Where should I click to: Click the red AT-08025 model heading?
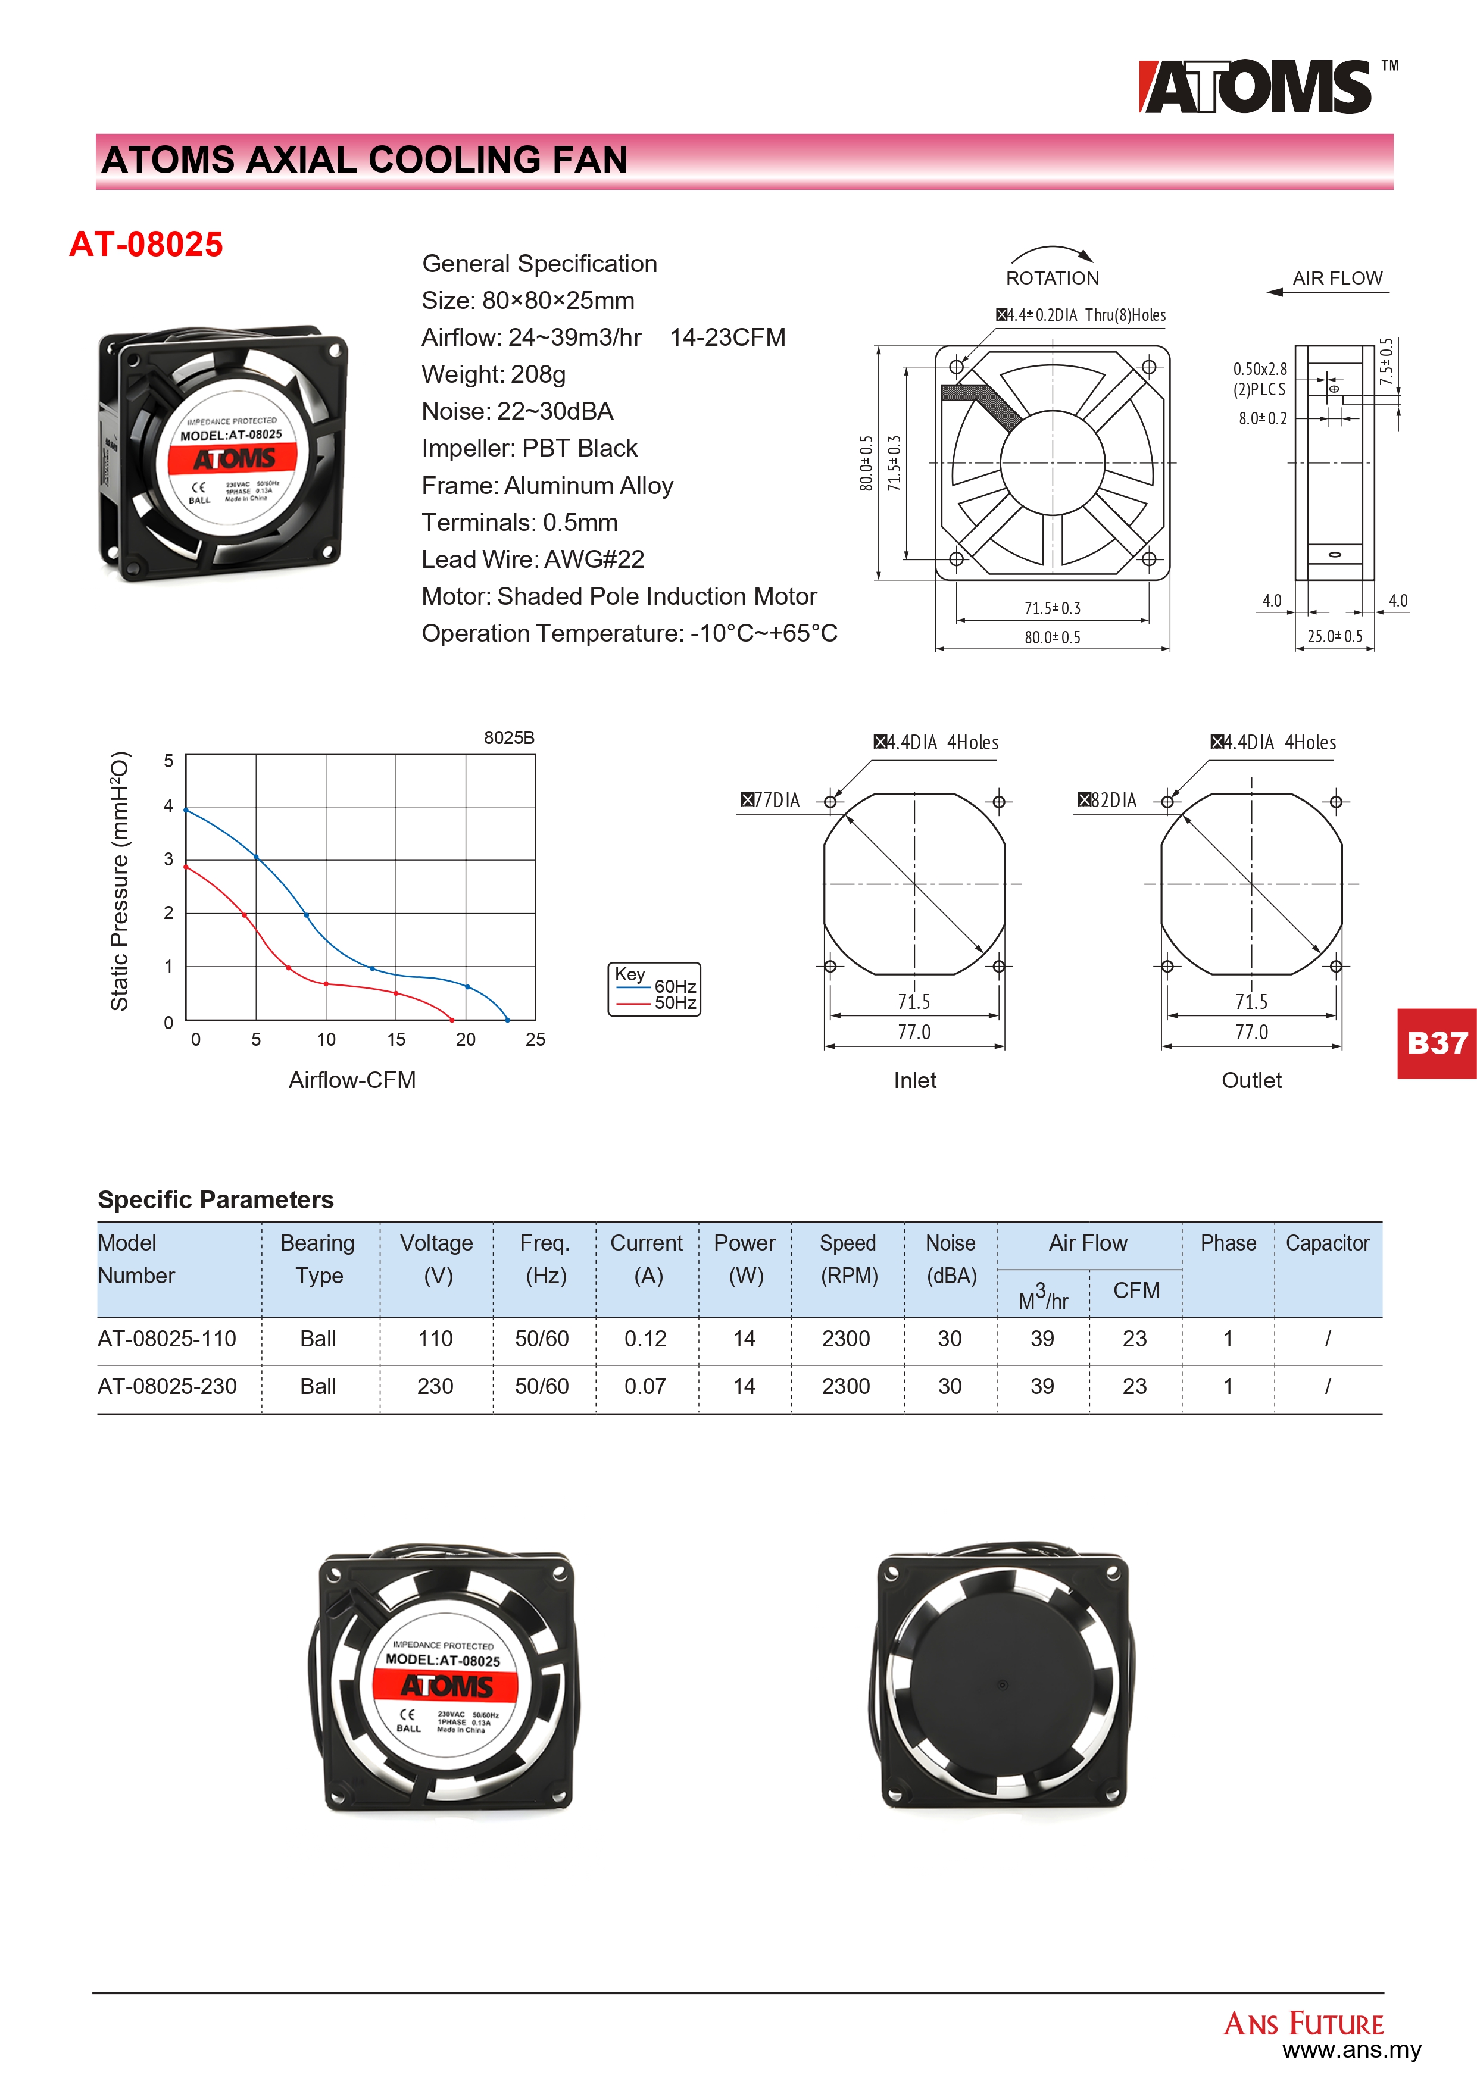coord(146,245)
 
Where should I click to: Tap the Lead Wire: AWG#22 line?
coord(532,559)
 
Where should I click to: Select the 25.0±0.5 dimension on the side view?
coord(1334,637)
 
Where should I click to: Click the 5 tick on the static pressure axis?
coord(168,760)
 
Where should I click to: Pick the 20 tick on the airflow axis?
coord(466,1039)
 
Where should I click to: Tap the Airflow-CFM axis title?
coord(352,1080)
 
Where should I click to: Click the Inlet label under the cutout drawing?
coord(914,1080)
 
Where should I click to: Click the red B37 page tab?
coord(1437,1043)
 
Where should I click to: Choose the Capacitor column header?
coord(1327,1243)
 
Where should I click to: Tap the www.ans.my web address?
coord(1351,2050)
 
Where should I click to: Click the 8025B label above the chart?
coord(508,737)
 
